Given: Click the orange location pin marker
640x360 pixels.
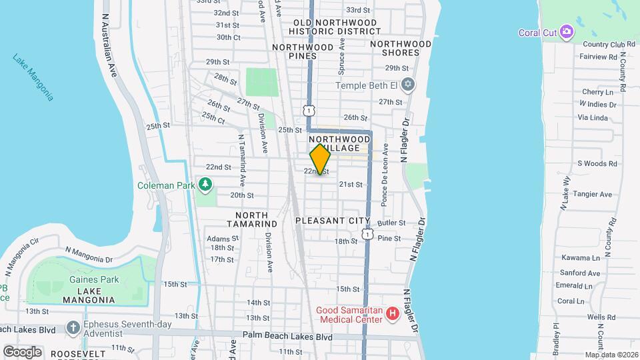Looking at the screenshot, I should (x=320, y=159).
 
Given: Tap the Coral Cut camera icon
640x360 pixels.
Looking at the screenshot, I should (x=567, y=31).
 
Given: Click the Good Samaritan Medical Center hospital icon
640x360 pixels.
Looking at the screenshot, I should (x=393, y=313).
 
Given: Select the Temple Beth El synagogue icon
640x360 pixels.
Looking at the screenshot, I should (x=408, y=85).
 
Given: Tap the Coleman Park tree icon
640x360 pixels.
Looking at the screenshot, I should (x=206, y=185).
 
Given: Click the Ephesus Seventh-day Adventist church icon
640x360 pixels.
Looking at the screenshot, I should (x=73, y=327).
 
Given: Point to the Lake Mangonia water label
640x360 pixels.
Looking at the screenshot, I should (x=33, y=77).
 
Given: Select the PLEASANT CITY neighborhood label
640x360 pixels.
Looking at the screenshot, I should (x=332, y=221).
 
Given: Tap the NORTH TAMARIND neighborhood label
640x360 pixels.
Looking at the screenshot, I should (x=251, y=219).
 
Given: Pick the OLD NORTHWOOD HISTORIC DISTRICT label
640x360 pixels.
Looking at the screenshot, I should (x=335, y=27).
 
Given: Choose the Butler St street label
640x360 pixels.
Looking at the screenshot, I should (x=391, y=223).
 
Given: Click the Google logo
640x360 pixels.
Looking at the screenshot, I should (x=21, y=351).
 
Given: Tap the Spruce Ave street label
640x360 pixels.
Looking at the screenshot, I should (x=343, y=53).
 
